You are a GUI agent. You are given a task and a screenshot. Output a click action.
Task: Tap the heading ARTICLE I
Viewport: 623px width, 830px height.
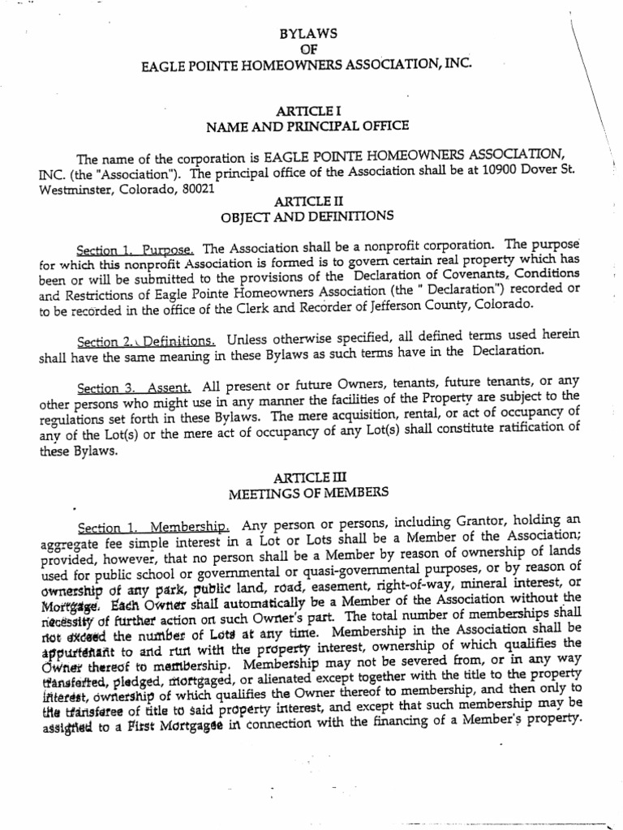tap(307, 110)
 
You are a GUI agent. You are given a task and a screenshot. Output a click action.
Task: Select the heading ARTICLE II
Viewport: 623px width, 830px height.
tap(307, 201)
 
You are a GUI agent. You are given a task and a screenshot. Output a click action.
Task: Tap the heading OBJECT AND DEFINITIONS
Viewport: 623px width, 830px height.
tap(307, 216)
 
